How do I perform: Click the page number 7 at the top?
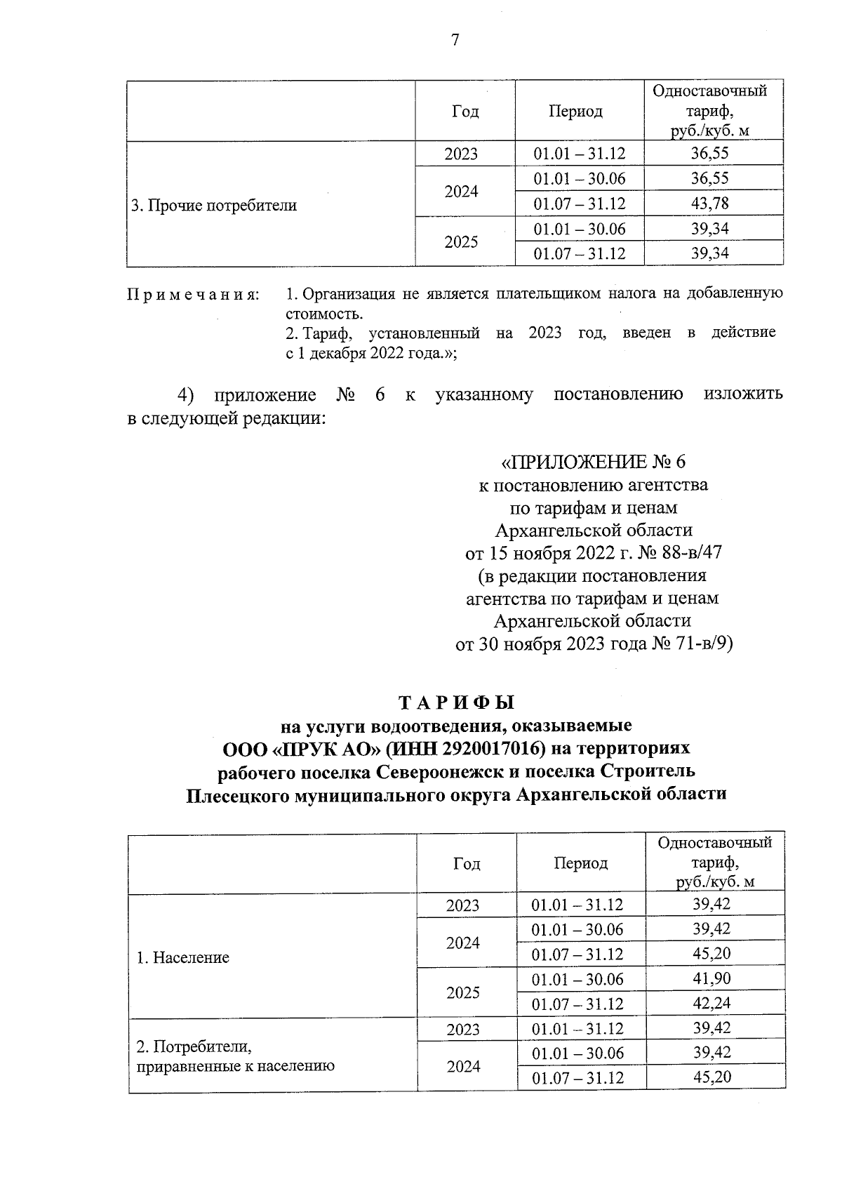(455, 41)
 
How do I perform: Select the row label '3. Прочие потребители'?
(215, 206)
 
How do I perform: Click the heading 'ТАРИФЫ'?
(456, 703)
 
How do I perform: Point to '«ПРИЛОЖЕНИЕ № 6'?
(593, 462)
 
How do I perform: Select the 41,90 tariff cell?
(711, 979)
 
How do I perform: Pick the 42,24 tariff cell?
(711, 1004)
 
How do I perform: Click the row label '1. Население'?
(182, 958)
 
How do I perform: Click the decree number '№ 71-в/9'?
(690, 644)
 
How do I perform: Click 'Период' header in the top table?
(575, 112)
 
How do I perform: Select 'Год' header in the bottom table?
(467, 863)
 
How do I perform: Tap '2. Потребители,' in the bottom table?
(194, 1046)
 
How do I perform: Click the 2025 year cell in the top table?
(462, 241)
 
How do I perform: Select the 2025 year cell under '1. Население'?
(463, 992)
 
